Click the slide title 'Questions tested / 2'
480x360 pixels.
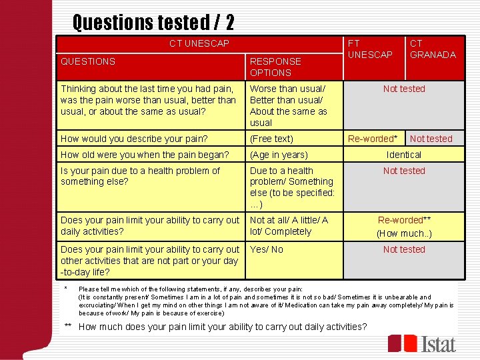[153, 23]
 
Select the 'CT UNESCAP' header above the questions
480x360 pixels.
[199, 43]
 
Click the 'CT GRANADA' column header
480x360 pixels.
[433, 49]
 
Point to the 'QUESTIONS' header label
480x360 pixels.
[87, 61]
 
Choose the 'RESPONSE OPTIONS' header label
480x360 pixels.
[275, 67]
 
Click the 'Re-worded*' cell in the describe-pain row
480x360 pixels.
[373, 139]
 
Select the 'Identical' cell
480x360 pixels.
[403, 155]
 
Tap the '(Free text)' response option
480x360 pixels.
[271, 139]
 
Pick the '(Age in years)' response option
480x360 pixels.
[279, 155]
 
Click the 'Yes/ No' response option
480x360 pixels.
[266, 249]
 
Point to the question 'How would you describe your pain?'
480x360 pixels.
[134, 139]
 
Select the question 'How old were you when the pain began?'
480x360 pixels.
[145, 155]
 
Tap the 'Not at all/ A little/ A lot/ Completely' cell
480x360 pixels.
[289, 226]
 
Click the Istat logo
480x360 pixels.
[422, 343]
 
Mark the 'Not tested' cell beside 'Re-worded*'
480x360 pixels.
[431, 139]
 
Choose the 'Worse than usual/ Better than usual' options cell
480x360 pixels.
[289, 105]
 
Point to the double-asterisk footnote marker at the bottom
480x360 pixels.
[69, 327]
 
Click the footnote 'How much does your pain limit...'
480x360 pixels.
[223, 327]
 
